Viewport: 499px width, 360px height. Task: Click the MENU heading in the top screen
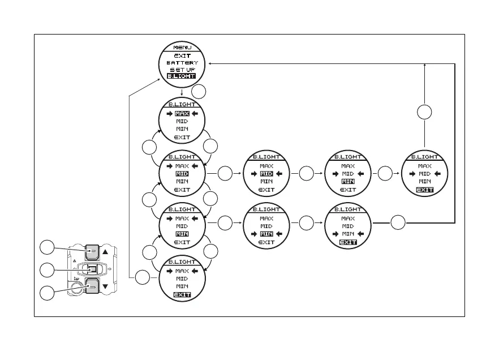click(182, 48)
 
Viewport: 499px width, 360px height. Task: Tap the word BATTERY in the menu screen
click(182, 62)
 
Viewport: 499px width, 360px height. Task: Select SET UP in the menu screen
click(182, 70)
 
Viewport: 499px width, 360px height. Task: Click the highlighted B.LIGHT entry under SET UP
click(182, 76)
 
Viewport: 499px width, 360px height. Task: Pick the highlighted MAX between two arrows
click(182, 113)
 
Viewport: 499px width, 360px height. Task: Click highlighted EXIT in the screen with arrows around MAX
click(182, 295)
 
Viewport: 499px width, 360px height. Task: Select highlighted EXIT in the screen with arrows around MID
click(424, 190)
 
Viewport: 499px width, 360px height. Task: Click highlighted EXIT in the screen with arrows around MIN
click(348, 242)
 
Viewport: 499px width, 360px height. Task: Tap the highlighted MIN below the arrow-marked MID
click(348, 182)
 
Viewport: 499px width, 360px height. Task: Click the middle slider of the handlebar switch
click(92, 268)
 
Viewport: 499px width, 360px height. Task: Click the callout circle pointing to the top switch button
click(47, 247)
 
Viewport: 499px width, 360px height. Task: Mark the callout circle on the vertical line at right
click(424, 113)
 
